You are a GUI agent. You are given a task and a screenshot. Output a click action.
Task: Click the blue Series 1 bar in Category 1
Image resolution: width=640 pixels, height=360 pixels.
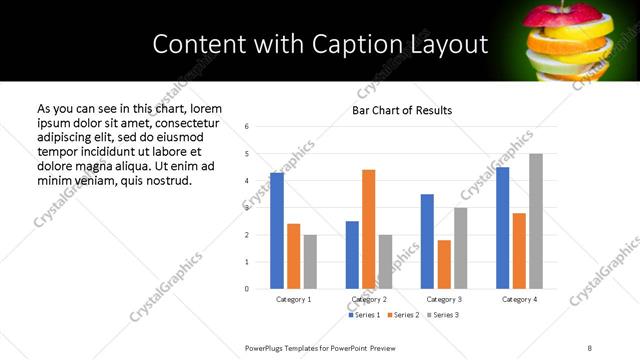pos(277,231)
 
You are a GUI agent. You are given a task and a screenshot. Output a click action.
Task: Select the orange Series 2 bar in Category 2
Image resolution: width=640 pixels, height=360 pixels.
pos(369,229)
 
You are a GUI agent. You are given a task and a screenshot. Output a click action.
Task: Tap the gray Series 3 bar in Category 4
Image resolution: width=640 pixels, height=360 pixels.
pos(536,221)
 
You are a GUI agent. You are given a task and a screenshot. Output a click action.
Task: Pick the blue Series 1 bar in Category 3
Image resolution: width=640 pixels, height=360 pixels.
pos(427,241)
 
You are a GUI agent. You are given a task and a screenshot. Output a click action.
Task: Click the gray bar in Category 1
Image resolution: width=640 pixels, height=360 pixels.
pos(310,262)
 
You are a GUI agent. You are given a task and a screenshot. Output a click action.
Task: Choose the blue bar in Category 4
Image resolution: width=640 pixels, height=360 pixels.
pos(502,228)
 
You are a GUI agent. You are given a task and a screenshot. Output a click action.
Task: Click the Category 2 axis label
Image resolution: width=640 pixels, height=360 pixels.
pos(369,299)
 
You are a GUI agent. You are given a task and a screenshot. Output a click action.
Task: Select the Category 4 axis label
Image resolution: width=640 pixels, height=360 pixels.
pos(519,299)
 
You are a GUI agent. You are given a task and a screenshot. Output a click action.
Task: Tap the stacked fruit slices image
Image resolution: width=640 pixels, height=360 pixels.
pos(564,41)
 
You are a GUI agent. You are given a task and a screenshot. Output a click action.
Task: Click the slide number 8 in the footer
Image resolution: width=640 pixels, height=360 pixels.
pos(589,347)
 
